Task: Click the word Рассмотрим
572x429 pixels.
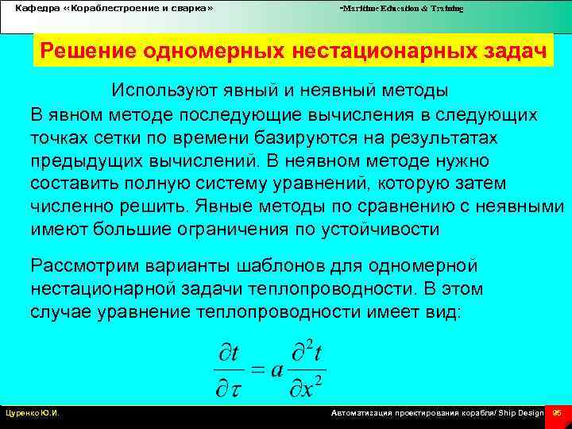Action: (87, 265)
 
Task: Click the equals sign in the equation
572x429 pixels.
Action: (253, 370)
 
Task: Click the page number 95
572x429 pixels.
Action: (557, 413)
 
